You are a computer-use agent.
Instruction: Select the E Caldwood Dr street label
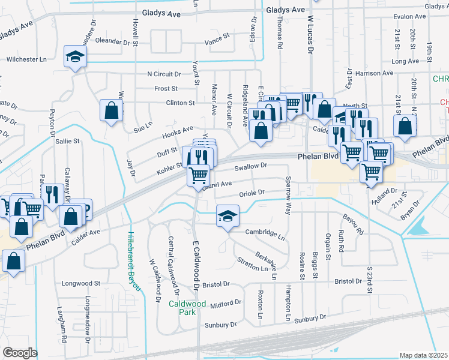[x=195, y=265]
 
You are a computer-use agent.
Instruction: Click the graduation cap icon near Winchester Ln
[x=76, y=57]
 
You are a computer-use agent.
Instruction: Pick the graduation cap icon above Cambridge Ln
[x=228, y=216]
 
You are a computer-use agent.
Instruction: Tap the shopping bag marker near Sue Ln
[x=111, y=111]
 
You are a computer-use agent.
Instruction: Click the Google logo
[x=20, y=353]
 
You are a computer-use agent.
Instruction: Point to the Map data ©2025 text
[x=423, y=355]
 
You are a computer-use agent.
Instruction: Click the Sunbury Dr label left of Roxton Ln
[x=217, y=325]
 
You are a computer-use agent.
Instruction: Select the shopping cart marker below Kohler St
[x=199, y=176]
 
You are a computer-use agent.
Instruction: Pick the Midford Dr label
[x=226, y=304]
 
